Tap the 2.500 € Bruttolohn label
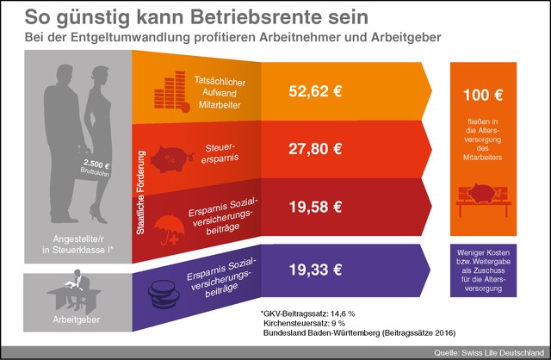point(97,166)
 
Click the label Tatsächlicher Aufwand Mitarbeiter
point(216,90)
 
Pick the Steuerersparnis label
point(220,150)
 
